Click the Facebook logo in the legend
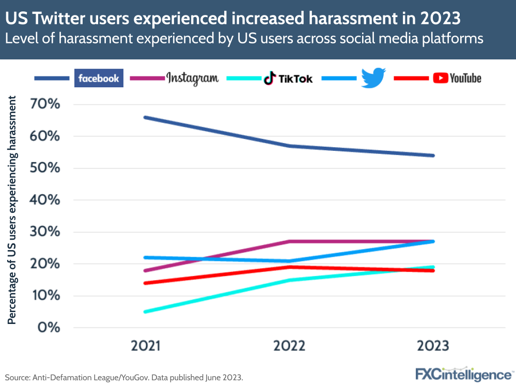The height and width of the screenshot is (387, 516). [99, 78]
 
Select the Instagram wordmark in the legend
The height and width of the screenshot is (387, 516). [192, 78]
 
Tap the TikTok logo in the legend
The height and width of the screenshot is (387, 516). [288, 79]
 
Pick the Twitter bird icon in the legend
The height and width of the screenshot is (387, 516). [373, 78]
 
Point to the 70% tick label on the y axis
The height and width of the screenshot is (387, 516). [45, 105]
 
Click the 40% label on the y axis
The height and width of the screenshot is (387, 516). [45, 200]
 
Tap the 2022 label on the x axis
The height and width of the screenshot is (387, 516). [289, 346]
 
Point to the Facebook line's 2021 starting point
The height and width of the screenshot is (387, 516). [145, 117]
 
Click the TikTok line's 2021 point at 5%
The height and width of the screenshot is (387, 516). [145, 312]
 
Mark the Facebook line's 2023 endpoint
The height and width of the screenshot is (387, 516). [433, 156]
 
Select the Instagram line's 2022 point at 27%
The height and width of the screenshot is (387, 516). [289, 241]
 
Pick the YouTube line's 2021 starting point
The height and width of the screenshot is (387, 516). [145, 283]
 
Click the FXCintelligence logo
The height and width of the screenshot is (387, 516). [463, 374]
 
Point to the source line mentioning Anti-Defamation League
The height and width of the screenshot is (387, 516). [124, 377]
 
